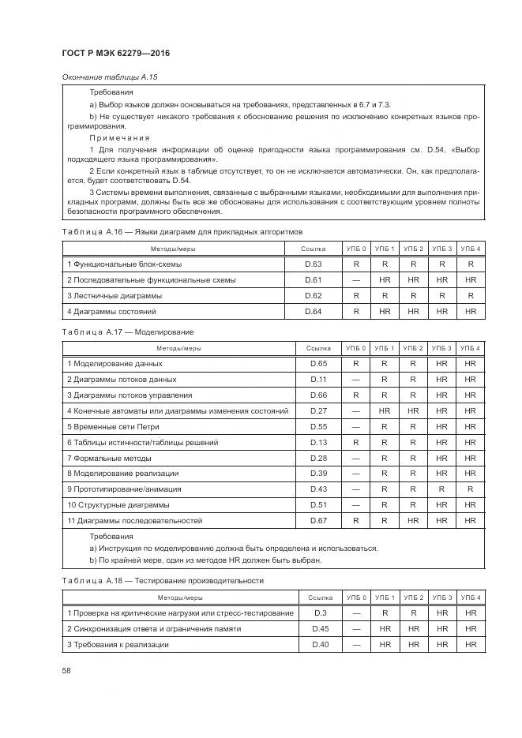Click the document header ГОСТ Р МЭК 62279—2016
coord(116,53)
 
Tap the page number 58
coord(66,670)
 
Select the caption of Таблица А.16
coord(182,232)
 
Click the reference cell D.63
coord(314,264)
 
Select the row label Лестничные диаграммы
coord(115,296)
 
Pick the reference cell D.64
coord(314,312)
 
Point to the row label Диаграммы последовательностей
coord(134,521)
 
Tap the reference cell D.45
coord(320,629)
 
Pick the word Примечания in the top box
coord(119,137)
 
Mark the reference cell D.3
coord(320,613)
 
